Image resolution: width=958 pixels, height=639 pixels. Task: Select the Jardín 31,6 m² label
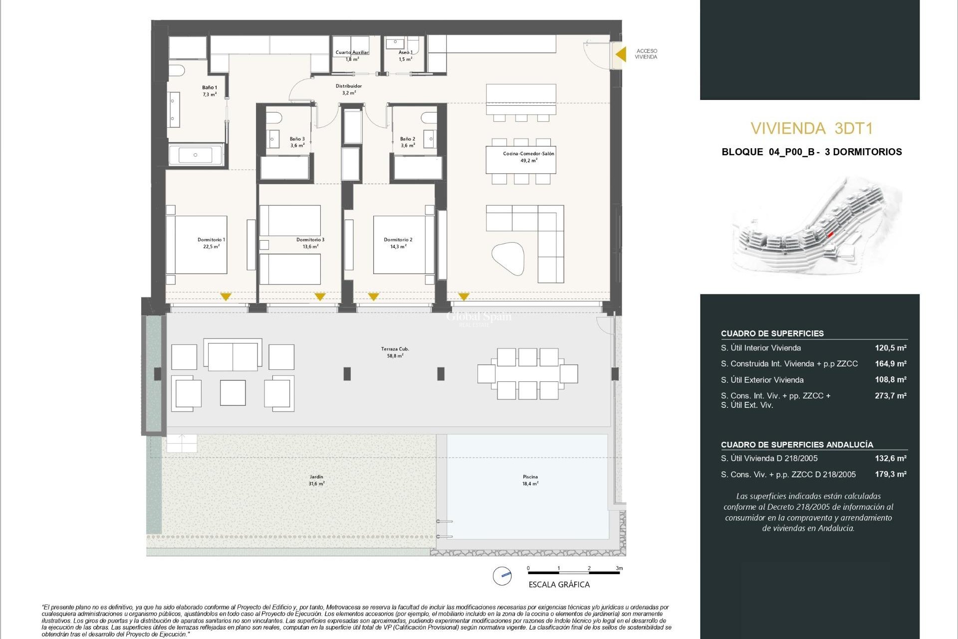[316, 480]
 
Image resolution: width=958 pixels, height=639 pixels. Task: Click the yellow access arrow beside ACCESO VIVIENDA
[621, 54]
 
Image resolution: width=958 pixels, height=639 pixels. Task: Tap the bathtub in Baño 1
[195, 155]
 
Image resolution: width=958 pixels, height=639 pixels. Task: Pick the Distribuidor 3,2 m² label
[349, 89]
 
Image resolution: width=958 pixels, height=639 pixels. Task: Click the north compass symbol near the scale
[502, 576]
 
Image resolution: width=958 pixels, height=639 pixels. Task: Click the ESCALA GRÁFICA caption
[559, 585]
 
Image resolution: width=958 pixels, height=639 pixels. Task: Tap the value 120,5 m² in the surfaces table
[890, 348]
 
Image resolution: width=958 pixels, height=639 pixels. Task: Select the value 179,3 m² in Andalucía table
[890, 474]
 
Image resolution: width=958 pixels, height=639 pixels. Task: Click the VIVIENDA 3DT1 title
[811, 129]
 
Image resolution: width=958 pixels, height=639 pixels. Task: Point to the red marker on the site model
[830, 234]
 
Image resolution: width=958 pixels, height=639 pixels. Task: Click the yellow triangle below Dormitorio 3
[320, 297]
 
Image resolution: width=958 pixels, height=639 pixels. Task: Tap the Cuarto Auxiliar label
[352, 52]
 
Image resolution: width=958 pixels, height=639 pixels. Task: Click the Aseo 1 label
[406, 52]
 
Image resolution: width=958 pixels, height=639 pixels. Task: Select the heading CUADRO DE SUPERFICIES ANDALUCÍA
[796, 444]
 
